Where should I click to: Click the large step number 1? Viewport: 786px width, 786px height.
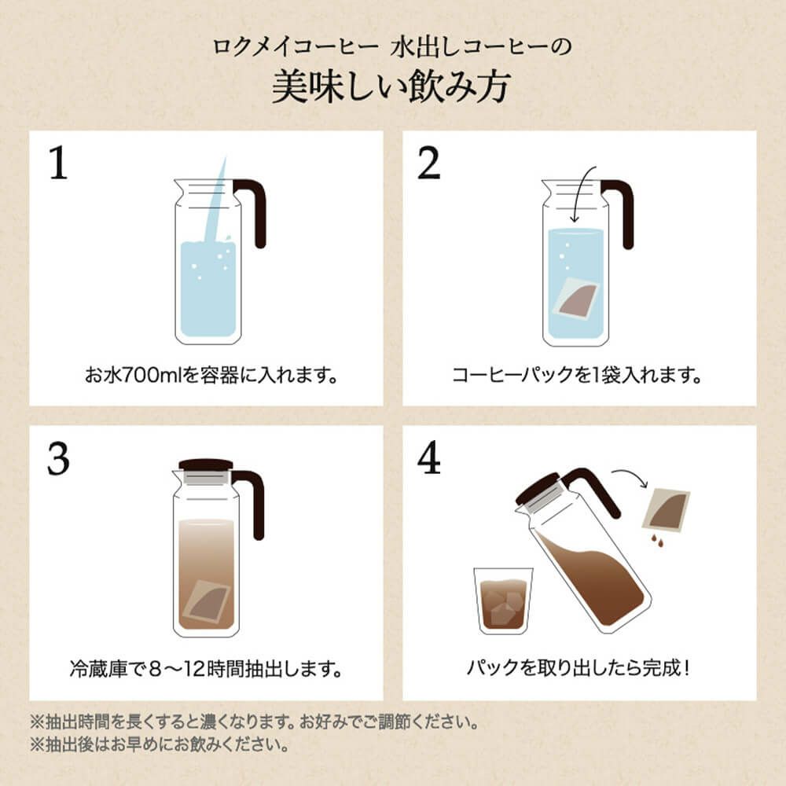point(59,163)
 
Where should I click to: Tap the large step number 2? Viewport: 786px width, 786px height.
point(428,163)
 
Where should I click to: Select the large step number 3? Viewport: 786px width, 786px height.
point(58,458)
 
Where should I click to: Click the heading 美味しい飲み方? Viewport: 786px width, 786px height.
point(391,86)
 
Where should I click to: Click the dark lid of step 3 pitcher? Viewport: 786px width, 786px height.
point(206,465)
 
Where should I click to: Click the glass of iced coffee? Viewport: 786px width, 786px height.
point(503,601)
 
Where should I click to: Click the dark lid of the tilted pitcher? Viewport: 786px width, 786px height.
point(537,487)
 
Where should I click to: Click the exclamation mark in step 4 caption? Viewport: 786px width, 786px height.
point(686,667)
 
